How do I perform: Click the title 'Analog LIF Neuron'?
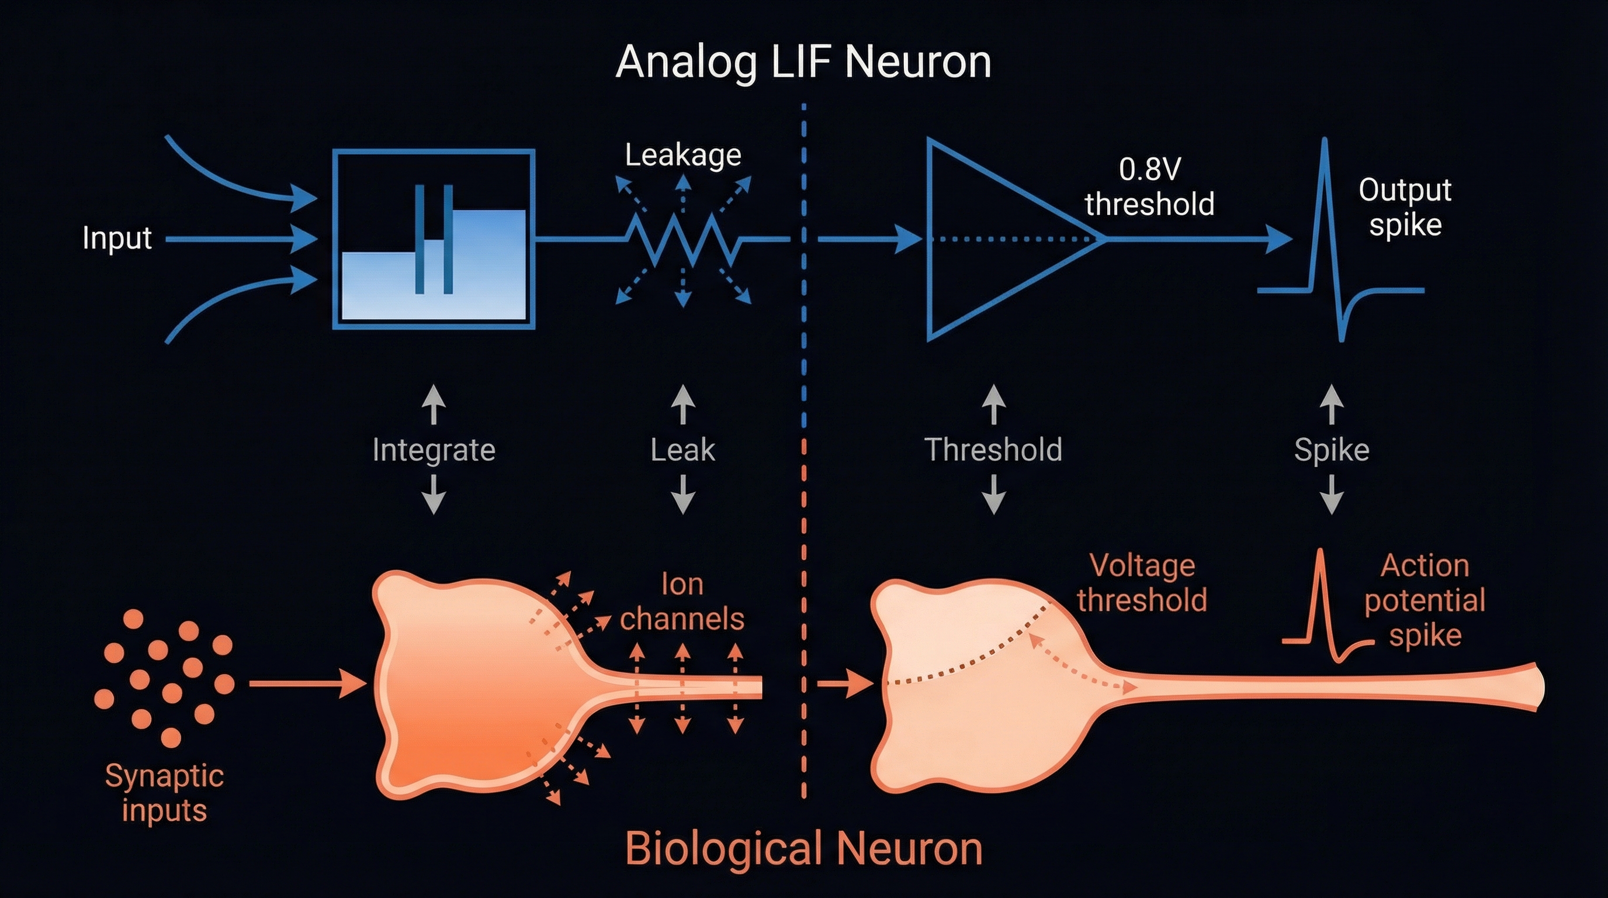803,63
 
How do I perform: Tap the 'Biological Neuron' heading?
803,849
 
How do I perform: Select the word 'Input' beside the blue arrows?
117,238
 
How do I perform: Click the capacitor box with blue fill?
434,239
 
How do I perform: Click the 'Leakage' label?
683,155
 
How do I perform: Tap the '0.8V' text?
1149,169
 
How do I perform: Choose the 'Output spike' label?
1405,207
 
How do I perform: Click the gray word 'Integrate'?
434,450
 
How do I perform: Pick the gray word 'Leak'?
682,450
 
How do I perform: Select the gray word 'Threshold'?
993,450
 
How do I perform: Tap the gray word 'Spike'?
1332,450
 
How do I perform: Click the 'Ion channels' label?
682,602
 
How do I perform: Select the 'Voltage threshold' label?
1142,583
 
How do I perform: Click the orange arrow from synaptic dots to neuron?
306,684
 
